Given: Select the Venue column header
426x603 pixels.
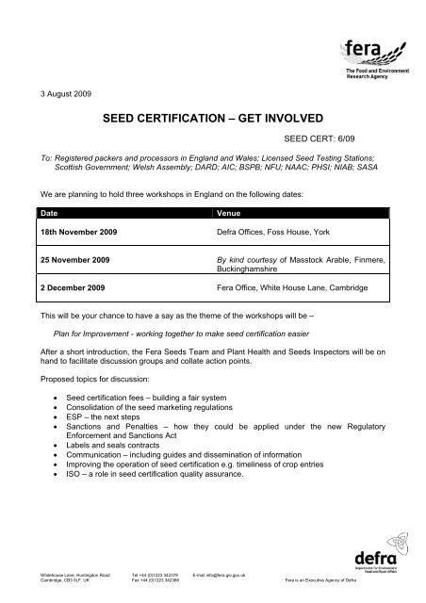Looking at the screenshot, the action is coord(230,214).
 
